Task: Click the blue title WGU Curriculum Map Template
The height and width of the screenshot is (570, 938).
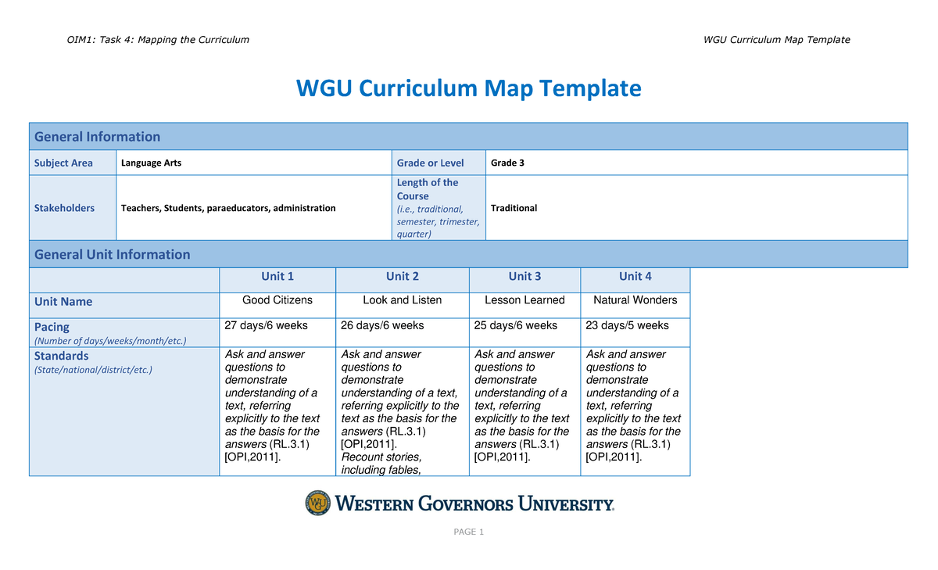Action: (468, 88)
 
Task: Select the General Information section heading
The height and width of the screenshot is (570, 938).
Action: (97, 137)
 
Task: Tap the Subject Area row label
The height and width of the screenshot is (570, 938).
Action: (63, 163)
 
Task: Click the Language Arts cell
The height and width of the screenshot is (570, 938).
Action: (152, 163)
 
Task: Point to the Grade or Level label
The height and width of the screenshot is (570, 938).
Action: (430, 163)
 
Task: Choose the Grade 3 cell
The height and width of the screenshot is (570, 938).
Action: (507, 163)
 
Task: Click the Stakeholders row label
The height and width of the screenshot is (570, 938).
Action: (64, 208)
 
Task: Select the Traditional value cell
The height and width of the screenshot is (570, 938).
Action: (514, 208)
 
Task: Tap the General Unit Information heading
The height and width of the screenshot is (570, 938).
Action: (112, 254)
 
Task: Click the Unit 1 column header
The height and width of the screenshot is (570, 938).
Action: (277, 276)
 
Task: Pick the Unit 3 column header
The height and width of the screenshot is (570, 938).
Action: (524, 276)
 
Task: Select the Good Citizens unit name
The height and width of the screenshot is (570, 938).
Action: (277, 300)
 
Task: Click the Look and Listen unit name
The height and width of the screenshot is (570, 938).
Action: (403, 300)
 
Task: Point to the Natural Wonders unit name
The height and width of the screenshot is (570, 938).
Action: (635, 300)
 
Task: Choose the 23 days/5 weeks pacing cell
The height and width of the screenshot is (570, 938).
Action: (627, 326)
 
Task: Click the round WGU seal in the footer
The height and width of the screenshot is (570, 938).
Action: (317, 503)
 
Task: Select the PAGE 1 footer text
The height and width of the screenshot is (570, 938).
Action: (469, 532)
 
